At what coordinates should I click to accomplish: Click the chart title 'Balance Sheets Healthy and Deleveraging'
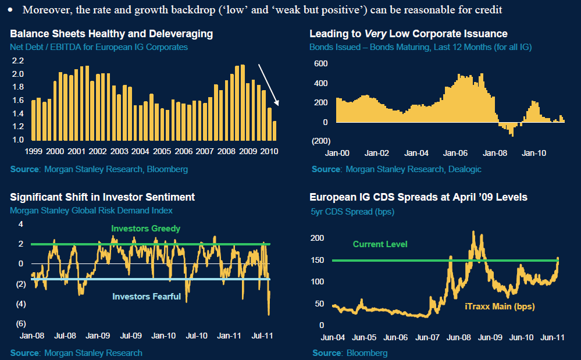tap(111, 34)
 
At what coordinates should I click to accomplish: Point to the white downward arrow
tap(269, 85)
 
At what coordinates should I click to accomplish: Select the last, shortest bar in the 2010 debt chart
tap(274, 130)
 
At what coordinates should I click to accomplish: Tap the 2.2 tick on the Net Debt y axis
tap(17, 60)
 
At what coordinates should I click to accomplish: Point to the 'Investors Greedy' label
tap(146, 229)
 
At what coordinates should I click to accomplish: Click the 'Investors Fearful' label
tap(147, 297)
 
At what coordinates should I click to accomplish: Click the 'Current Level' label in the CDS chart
tap(380, 244)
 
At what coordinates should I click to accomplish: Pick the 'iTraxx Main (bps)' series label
tap(499, 306)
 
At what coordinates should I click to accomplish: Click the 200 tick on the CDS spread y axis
tap(317, 238)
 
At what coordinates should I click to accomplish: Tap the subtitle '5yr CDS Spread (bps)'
tap(352, 212)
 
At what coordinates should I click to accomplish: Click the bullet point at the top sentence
tap(10, 10)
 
